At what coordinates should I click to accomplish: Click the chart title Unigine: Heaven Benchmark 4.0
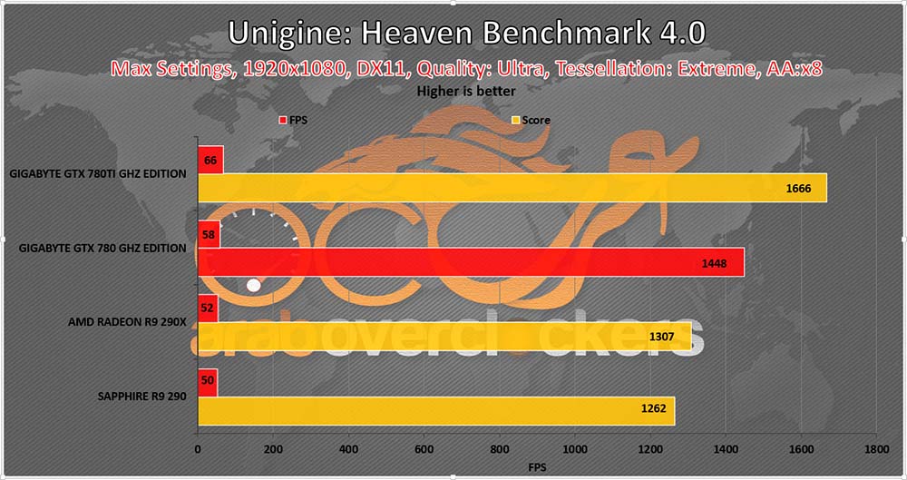[466, 34]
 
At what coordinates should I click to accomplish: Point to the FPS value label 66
[210, 160]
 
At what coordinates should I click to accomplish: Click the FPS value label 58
[209, 234]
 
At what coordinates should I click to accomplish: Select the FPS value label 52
[208, 308]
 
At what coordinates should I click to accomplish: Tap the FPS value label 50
[208, 382]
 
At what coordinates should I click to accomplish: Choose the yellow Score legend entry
[530, 120]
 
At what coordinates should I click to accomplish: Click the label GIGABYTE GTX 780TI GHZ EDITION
[99, 173]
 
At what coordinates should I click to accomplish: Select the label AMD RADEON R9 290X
[127, 321]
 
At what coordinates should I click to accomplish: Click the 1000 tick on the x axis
[574, 448]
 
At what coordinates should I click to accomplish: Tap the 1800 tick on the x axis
[875, 448]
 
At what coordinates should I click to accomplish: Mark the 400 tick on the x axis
[348, 448]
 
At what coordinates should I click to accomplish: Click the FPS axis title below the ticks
[536, 466]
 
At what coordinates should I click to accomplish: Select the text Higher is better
[466, 91]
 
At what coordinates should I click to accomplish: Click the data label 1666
[805, 189]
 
